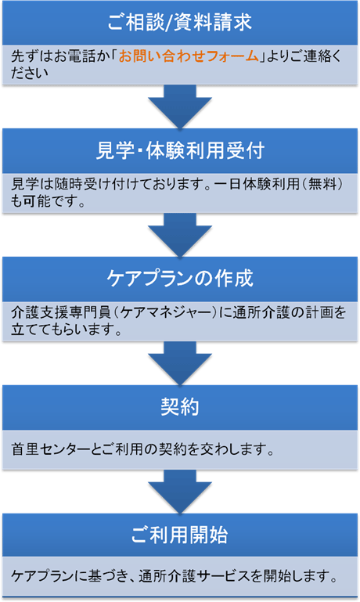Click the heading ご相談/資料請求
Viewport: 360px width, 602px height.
(x=180, y=22)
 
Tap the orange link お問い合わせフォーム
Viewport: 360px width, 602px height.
(x=189, y=56)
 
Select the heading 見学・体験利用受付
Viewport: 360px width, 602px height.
(x=180, y=150)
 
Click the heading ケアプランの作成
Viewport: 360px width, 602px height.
(x=180, y=279)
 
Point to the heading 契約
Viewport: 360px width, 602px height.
(x=180, y=406)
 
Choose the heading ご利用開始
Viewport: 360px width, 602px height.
(x=180, y=535)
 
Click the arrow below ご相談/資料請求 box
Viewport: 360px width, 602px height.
(x=180, y=106)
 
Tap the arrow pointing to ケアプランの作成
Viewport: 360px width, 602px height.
(x=180, y=235)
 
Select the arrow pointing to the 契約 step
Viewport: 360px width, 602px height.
(x=180, y=363)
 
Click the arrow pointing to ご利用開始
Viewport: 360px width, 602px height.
(x=180, y=492)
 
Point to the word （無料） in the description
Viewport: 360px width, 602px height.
(x=321, y=184)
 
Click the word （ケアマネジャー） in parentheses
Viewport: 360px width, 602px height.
(x=164, y=312)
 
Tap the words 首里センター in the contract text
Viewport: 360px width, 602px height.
(x=51, y=449)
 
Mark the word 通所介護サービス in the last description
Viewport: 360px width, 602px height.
(x=195, y=576)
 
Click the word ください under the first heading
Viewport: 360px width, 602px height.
(x=30, y=73)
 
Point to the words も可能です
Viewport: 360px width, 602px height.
(x=44, y=200)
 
